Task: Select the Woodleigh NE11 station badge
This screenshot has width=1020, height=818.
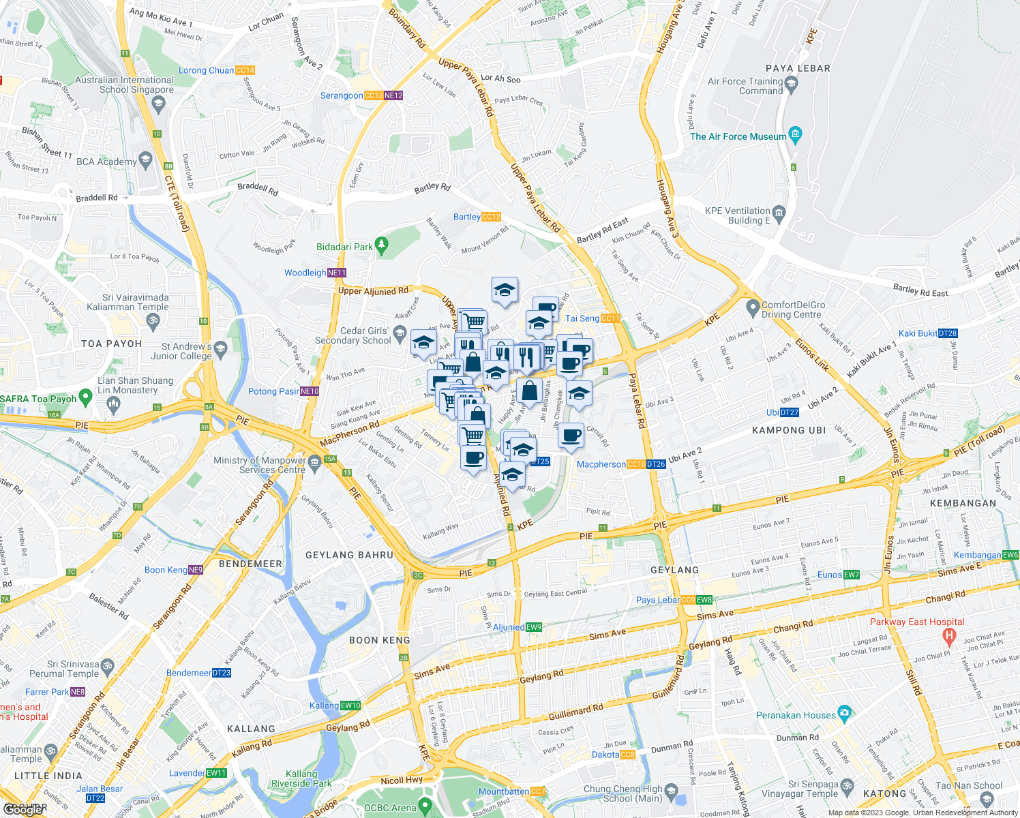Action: click(337, 273)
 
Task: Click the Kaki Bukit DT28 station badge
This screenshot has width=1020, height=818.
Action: click(948, 333)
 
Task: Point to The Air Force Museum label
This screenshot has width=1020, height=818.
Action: click(738, 136)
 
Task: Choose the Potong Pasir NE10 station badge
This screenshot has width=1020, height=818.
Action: click(310, 391)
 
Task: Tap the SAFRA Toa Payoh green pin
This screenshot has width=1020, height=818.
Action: click(85, 396)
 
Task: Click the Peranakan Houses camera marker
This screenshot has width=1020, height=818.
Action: click(844, 714)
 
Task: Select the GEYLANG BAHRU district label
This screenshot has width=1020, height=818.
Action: click(349, 555)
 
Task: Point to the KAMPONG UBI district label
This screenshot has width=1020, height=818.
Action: click(789, 430)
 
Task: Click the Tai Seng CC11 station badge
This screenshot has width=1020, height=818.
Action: click(610, 318)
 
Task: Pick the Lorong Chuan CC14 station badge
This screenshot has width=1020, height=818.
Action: click(245, 70)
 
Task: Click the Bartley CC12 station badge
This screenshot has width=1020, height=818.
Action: click(491, 217)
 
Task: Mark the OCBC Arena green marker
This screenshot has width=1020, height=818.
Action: click(426, 807)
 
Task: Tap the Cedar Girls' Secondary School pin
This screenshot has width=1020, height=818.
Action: click(400, 333)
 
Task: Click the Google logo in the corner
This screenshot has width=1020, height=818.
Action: click(23, 809)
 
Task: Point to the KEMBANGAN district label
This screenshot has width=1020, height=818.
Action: click(963, 503)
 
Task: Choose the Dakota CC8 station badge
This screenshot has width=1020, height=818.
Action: click(627, 755)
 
